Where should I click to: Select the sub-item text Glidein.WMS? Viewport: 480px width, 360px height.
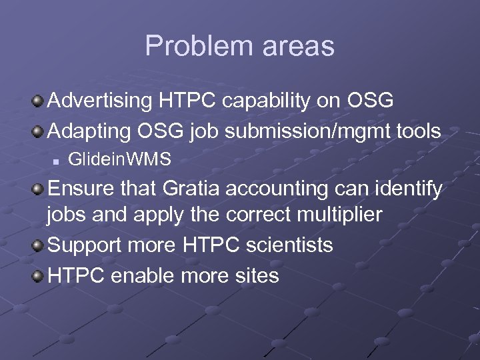tap(119, 159)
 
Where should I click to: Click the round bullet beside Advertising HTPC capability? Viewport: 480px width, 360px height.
tap(39, 101)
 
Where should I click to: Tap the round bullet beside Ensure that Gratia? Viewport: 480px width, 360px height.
tap(39, 190)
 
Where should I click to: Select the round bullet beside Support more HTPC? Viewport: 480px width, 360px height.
tap(39, 246)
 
